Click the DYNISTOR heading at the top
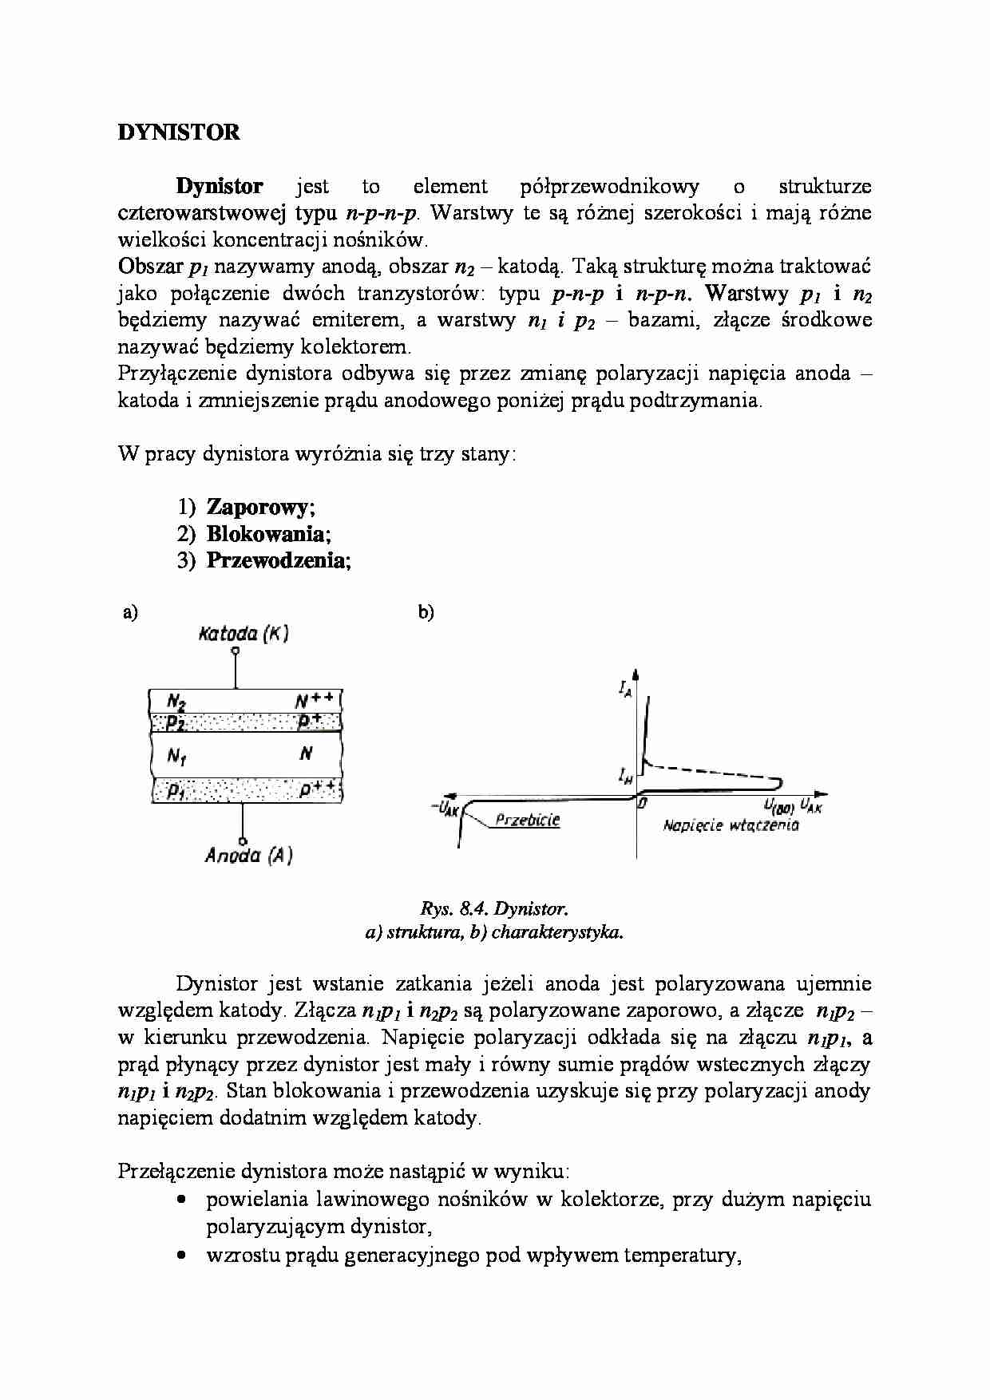pyautogui.click(x=179, y=132)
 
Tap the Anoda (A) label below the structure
pyautogui.click(x=248, y=856)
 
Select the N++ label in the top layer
pyautogui.click(x=313, y=702)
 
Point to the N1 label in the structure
pyautogui.click(x=177, y=754)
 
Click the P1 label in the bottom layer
pyautogui.click(x=176, y=792)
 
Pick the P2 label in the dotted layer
pyautogui.click(x=176, y=723)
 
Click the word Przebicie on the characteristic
pyautogui.click(x=527, y=820)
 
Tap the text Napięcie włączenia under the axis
pyautogui.click(x=731, y=825)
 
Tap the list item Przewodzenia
pyautogui.click(x=278, y=560)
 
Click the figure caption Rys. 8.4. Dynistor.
pyautogui.click(x=493, y=908)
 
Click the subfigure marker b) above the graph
pyautogui.click(x=426, y=612)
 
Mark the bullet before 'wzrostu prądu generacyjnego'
pyautogui.click(x=183, y=1256)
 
